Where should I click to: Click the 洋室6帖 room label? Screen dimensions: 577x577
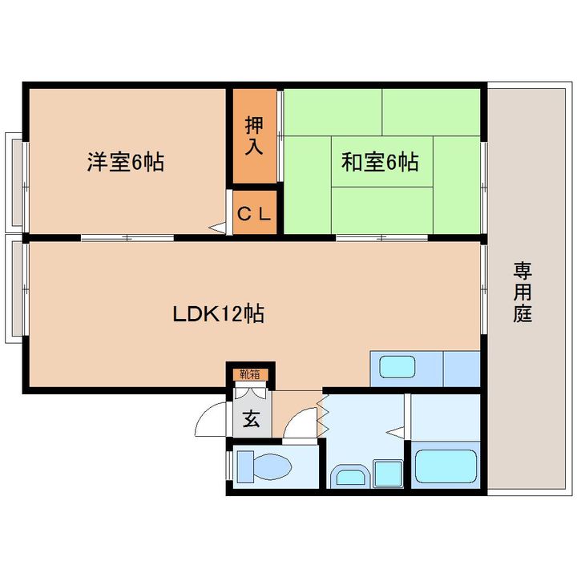click(x=126, y=163)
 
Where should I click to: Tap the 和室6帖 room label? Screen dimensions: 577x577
click(x=380, y=163)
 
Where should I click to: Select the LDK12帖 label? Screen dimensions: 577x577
click(x=219, y=313)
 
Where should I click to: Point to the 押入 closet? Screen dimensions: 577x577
click(x=254, y=136)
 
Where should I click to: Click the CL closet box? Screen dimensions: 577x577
click(x=254, y=213)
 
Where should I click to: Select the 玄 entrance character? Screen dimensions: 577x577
click(x=251, y=418)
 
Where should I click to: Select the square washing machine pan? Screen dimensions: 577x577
click(x=388, y=474)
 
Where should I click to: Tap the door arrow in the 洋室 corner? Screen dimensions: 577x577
click(x=216, y=228)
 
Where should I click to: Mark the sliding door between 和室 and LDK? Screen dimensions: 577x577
click(x=382, y=238)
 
